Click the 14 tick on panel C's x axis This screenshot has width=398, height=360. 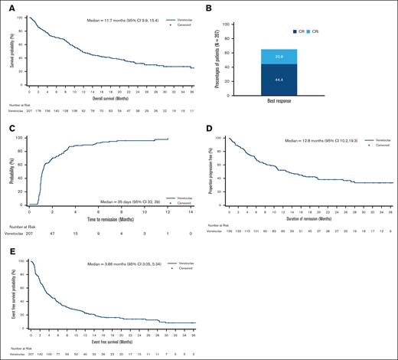tap(191, 212)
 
